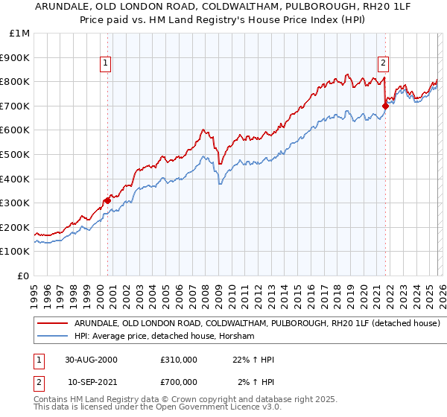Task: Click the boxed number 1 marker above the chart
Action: point(107,64)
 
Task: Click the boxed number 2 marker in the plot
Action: point(383,64)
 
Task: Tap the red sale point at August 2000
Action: point(107,200)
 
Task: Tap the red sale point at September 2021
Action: point(385,106)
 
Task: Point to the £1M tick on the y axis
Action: point(19,34)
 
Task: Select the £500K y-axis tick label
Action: point(16,154)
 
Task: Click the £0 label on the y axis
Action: point(23,276)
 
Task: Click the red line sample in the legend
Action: point(54,324)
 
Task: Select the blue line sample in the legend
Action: point(54,337)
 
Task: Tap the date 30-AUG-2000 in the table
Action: point(91,360)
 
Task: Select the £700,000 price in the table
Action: point(179,382)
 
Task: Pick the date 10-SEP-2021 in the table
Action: point(91,382)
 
